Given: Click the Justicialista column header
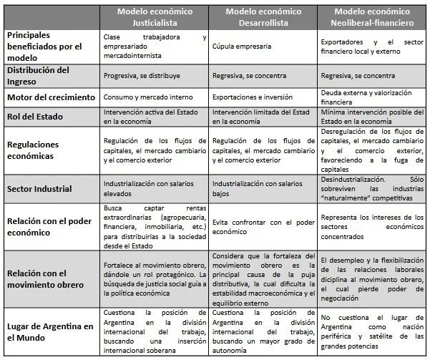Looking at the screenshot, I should click(155, 16).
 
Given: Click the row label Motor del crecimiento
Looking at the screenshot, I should click(51, 97).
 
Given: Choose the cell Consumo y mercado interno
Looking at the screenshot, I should click(144, 97).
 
